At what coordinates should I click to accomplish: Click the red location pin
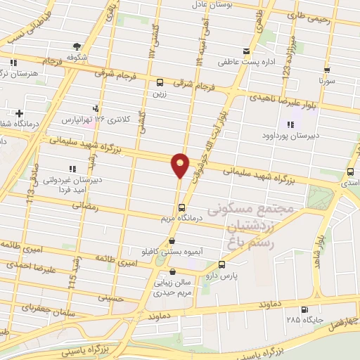(180, 165)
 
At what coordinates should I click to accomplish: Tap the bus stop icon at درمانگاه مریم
(181, 207)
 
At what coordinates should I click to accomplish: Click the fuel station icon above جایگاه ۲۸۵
(303, 309)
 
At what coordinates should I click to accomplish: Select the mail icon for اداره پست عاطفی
(245, 51)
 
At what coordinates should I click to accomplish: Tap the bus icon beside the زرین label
(160, 82)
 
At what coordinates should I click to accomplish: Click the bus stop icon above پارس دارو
(222, 265)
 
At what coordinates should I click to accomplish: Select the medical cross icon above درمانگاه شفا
(19, 112)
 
